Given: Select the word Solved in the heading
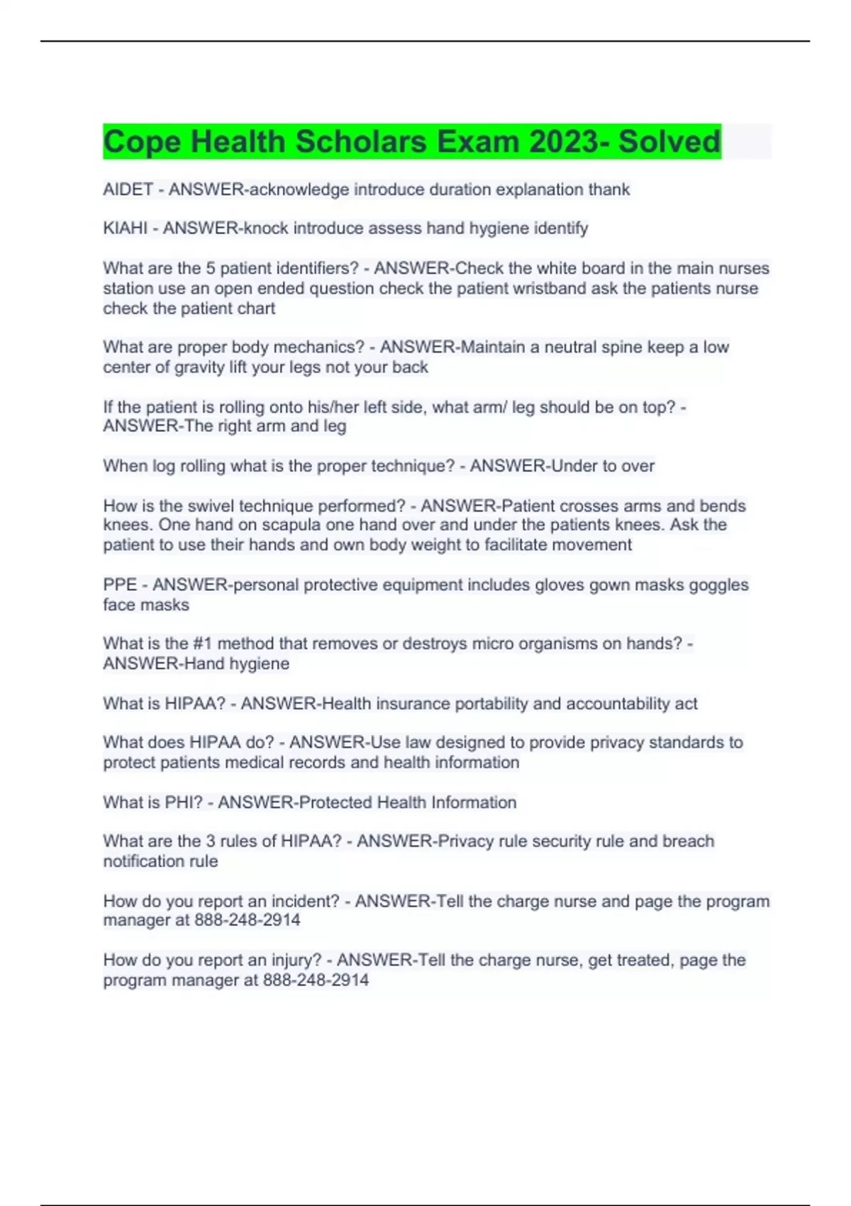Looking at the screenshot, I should tap(669, 142).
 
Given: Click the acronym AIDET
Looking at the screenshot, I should tap(128, 189).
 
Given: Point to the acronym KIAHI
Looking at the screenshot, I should tap(125, 228).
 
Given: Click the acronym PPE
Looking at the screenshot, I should tap(120, 585).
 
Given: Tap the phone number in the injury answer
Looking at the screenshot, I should tap(316, 980).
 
